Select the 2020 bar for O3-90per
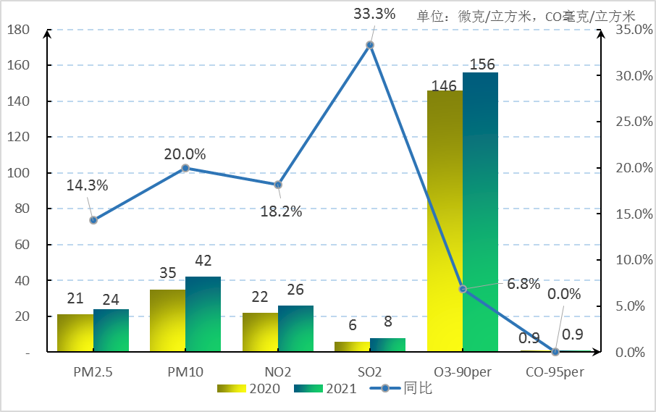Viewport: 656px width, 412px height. pyautogui.click(x=445, y=222)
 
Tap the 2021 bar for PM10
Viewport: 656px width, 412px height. pyautogui.click(x=203, y=314)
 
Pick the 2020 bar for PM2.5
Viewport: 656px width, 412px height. pyautogui.click(x=75, y=333)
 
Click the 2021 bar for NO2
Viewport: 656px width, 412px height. pyautogui.click(x=295, y=329)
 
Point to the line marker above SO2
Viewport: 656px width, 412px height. pyautogui.click(x=370, y=45)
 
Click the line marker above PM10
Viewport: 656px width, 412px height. pyautogui.click(x=185, y=168)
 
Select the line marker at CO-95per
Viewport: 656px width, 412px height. pyautogui.click(x=555, y=352)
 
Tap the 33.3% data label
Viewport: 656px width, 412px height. pyautogui.click(x=374, y=13)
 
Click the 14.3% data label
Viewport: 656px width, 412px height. pyautogui.click(x=87, y=185)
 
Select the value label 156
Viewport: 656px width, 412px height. pyautogui.click(x=482, y=64)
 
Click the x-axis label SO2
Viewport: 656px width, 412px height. pyautogui.click(x=370, y=372)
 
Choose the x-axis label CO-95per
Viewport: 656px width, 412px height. pyautogui.click(x=555, y=372)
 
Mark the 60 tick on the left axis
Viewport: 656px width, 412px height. pyautogui.click(x=20, y=245)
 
